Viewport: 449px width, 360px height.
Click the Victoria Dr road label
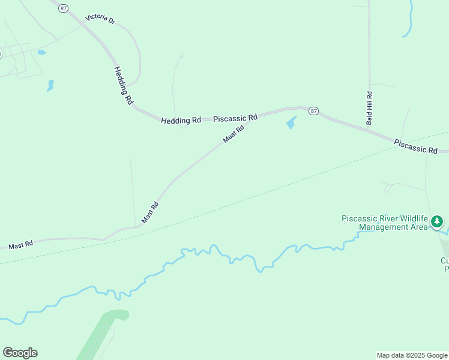coord(100,19)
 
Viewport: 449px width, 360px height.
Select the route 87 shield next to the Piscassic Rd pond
coord(313,111)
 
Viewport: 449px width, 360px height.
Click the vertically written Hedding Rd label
coord(122,86)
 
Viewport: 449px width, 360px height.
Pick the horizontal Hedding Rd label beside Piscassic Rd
coord(181,120)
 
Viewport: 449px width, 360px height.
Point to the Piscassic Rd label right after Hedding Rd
coord(235,118)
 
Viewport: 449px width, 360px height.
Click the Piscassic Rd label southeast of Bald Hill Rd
coord(415,146)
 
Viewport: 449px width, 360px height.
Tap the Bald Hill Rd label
coord(370,108)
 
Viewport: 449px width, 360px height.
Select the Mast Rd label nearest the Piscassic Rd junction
coord(234,133)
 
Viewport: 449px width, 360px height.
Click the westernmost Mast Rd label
coord(20,245)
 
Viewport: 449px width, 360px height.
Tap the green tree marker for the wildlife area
coord(438,222)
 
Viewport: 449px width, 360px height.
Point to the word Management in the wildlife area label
coord(384,227)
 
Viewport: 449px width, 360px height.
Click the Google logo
coord(20,353)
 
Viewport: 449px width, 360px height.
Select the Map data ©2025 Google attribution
coord(412,355)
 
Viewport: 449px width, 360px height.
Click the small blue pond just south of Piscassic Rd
coord(291,123)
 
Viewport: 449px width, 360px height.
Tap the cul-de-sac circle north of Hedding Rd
coord(182,55)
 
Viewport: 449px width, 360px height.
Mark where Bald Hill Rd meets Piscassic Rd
coord(369,128)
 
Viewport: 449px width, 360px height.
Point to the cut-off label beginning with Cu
coord(445,265)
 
